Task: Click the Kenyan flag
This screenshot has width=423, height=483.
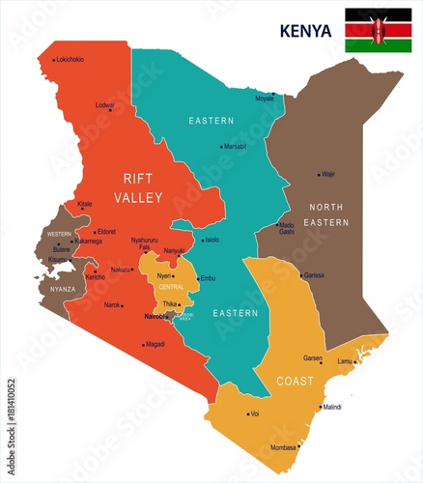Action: click(x=378, y=30)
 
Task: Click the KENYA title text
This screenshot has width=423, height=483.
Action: click(x=305, y=31)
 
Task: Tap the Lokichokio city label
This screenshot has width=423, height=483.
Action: click(x=70, y=60)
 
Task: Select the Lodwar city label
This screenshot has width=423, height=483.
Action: click(x=104, y=105)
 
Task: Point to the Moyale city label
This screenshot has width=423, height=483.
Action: click(x=264, y=99)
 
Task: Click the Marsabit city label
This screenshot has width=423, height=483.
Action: click(x=236, y=147)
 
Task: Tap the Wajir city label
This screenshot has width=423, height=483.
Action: click(x=328, y=175)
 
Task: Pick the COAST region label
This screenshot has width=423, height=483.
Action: click(x=295, y=381)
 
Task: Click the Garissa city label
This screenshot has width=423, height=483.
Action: click(x=313, y=275)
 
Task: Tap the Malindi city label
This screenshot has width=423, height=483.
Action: click(x=331, y=408)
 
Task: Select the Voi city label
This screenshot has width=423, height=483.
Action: click(x=254, y=413)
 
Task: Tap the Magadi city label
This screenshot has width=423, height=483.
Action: click(x=155, y=344)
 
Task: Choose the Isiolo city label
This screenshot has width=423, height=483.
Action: click(x=211, y=240)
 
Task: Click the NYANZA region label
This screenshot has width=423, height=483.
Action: click(x=63, y=288)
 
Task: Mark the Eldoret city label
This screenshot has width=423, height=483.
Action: click(x=105, y=232)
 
